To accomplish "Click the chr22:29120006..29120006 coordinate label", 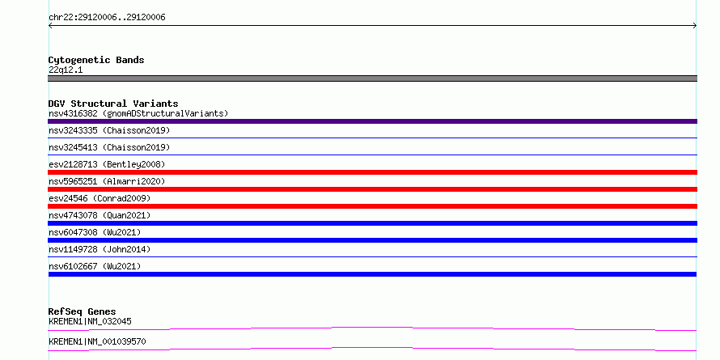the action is [107, 18].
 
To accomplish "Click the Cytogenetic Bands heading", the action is [96, 60].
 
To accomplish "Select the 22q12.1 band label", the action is [66, 70].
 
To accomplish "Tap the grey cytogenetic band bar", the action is [372, 78].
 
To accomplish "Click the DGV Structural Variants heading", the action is [113, 104].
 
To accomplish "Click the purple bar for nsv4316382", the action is [372, 121].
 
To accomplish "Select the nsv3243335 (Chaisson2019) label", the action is [109, 130].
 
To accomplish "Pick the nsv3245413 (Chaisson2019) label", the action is [109, 147].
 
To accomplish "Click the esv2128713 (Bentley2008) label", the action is [107, 164].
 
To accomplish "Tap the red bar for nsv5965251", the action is [372, 189].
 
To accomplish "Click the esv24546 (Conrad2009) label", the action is [100, 198].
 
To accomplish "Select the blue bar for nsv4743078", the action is [372, 223].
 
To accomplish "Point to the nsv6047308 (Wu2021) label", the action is [95, 232].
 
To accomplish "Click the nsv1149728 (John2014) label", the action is [100, 249].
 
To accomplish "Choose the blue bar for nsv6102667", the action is [372, 274].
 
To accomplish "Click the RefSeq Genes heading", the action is [82, 311].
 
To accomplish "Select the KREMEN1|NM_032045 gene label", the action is [90, 321].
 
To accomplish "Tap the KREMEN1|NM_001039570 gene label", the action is [97, 341].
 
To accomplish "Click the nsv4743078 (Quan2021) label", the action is [100, 215].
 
